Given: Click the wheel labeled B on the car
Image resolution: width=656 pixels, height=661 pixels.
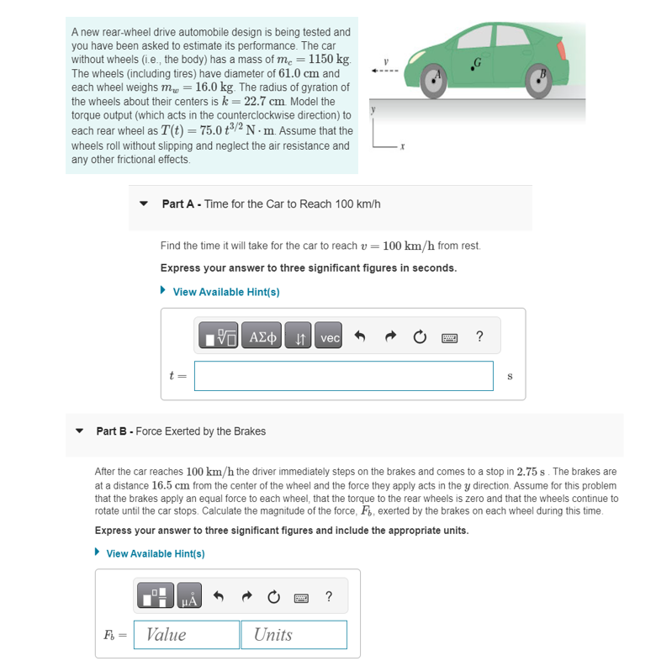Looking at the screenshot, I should tap(539, 77).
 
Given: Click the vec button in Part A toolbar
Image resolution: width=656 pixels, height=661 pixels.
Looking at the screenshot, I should tap(331, 338).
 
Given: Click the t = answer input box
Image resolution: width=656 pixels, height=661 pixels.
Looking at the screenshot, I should tap(343, 376).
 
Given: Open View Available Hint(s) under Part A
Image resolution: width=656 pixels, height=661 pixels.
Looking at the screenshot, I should tap(226, 292).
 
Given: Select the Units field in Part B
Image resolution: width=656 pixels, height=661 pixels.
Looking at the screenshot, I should tap(293, 634).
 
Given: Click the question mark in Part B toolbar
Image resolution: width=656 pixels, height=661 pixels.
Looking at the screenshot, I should tap(328, 598).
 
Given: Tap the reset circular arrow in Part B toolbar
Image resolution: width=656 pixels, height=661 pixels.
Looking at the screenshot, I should tap(273, 598).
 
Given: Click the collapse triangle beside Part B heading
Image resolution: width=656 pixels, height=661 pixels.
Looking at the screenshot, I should tap(80, 431).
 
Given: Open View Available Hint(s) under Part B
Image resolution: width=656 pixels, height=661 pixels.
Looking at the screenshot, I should tap(156, 553).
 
